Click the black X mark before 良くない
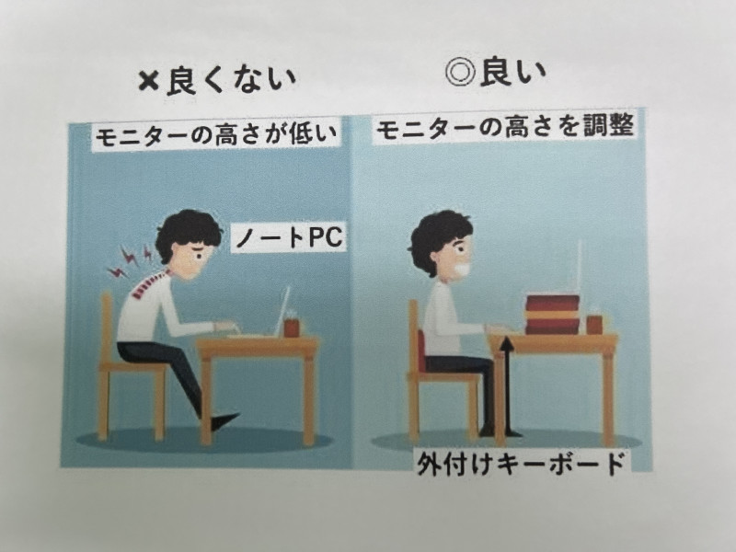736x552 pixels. [x=150, y=83]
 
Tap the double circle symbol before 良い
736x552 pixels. [x=461, y=73]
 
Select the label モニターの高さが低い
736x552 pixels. [x=216, y=136]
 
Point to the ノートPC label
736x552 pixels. [x=289, y=237]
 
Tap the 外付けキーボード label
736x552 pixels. [x=522, y=465]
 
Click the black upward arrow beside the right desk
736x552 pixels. [x=507, y=386]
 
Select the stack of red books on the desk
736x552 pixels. [x=553, y=315]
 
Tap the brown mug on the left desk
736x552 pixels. [x=292, y=326]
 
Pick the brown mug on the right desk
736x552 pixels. [x=594, y=324]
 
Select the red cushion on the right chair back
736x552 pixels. [x=421, y=350]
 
